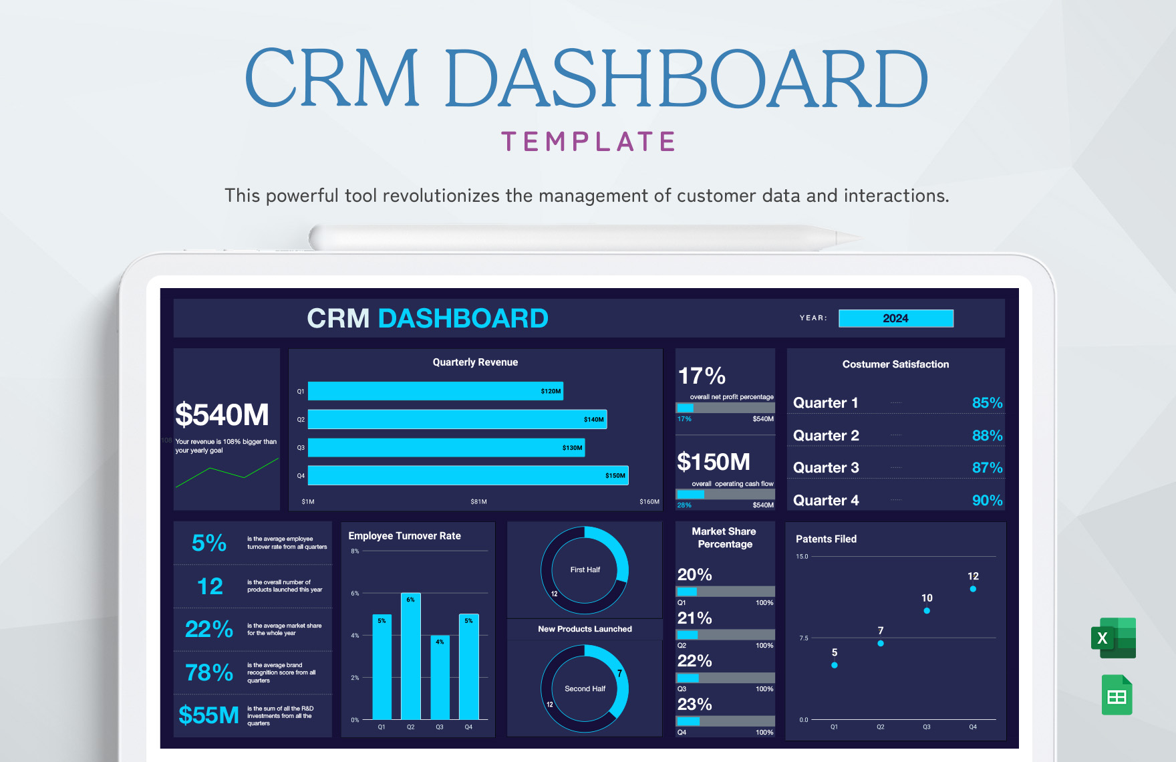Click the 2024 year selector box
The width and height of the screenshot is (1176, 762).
coord(895,318)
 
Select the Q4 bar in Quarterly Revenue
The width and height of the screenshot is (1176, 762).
coord(468,475)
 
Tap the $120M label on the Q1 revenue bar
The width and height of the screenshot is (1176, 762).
coord(551,391)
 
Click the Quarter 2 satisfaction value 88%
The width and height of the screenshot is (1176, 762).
coord(987,436)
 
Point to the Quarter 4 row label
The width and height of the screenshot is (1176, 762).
coord(826,501)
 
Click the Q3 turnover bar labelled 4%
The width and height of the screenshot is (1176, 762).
coord(440,678)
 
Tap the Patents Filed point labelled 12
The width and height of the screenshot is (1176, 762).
coord(973,589)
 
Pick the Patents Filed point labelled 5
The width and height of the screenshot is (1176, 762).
coord(835,665)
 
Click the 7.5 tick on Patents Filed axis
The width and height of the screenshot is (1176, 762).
coord(804,638)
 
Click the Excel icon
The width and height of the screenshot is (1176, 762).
coord(1113,638)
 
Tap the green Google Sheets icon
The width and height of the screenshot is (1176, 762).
coord(1117,696)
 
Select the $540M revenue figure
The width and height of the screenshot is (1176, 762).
coord(222,415)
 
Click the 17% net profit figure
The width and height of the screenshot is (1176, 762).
coord(702,376)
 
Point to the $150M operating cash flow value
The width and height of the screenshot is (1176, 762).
coord(714,462)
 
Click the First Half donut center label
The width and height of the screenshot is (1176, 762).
coord(585,570)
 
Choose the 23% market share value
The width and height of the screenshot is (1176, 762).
coord(694,705)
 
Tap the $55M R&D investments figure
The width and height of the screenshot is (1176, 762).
coord(208,716)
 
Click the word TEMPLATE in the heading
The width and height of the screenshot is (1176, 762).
coord(589,142)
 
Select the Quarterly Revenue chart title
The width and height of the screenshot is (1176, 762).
coord(475,362)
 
